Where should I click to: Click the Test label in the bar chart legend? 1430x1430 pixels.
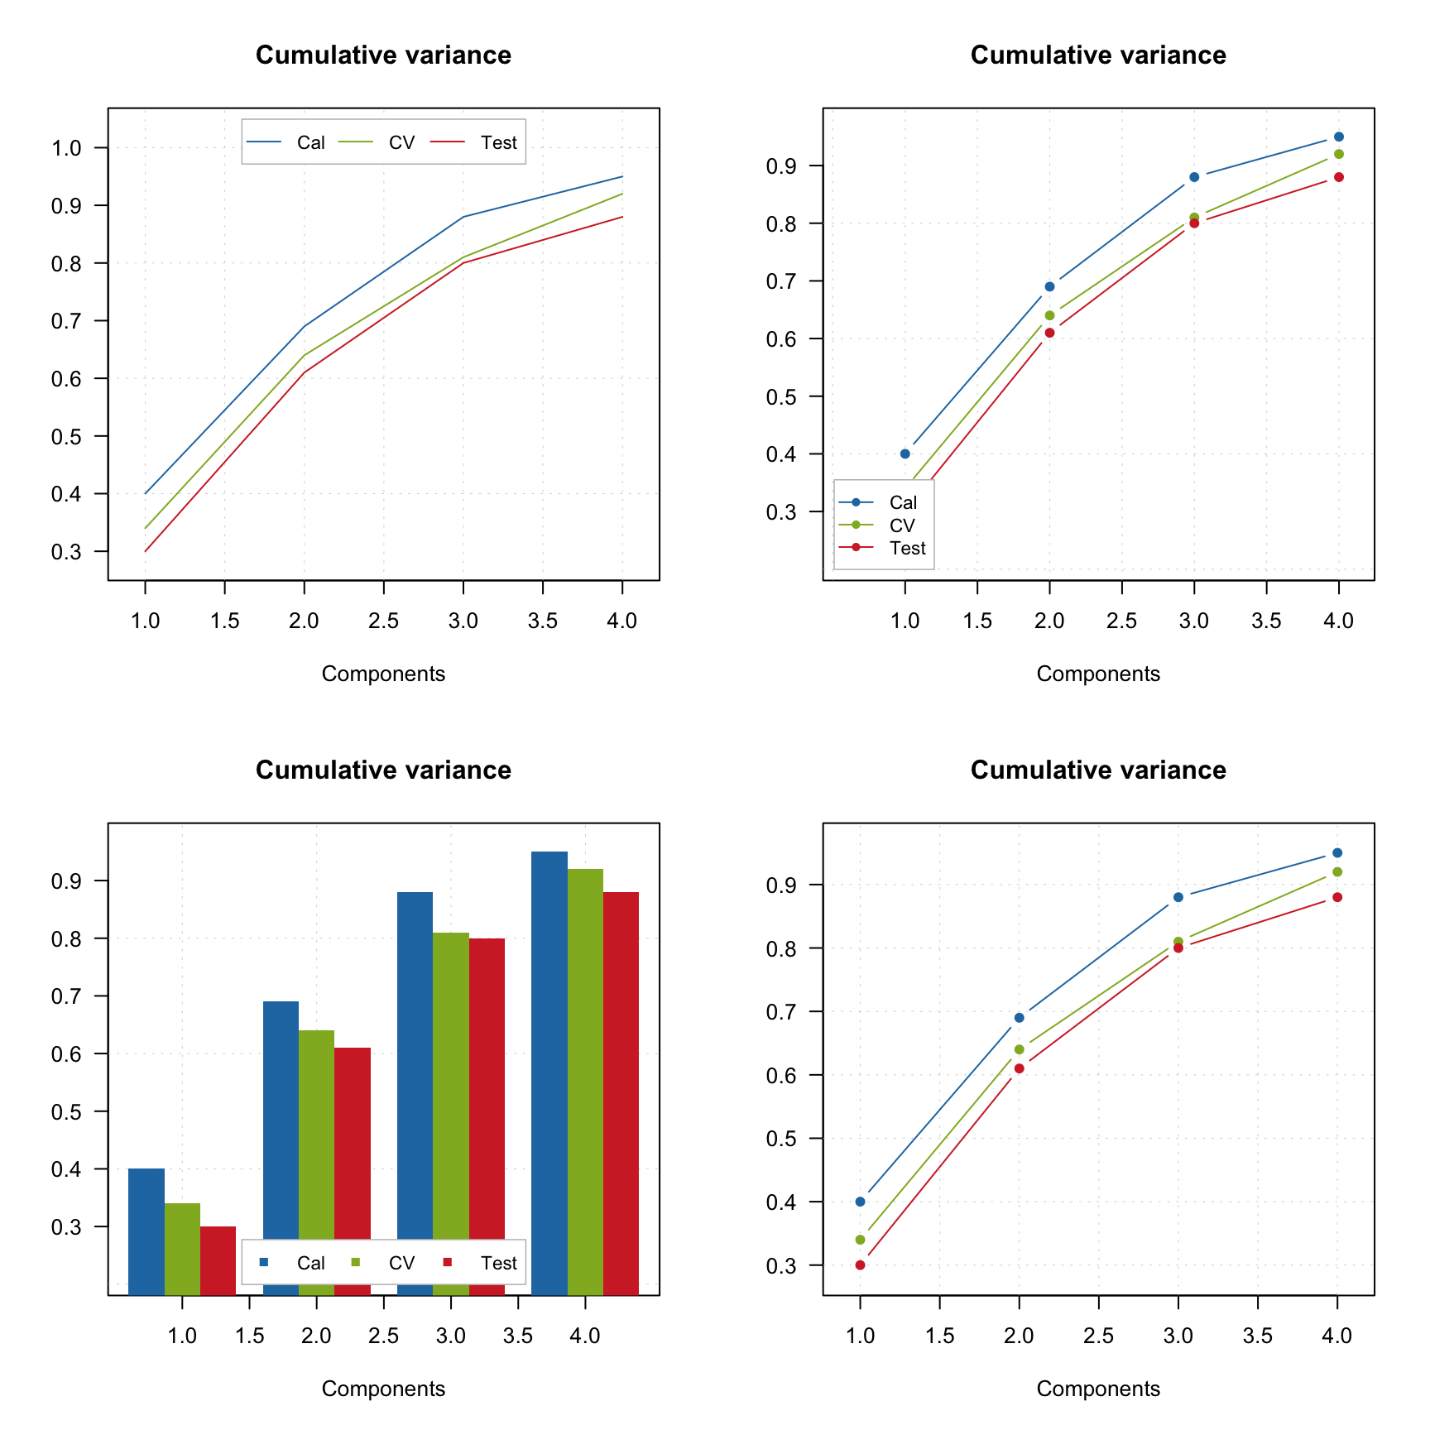coord(498,1263)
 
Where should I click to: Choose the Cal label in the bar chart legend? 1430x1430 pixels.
coord(310,1263)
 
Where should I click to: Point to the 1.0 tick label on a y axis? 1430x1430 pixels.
coord(66,148)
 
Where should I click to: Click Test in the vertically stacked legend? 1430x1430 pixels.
coord(907,548)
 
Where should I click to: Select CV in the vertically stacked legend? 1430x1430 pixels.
coord(902,525)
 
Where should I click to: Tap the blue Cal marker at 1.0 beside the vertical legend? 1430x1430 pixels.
coord(905,453)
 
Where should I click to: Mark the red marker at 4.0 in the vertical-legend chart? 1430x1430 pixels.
coord(1338,177)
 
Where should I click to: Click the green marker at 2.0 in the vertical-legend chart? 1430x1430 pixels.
coord(1049,315)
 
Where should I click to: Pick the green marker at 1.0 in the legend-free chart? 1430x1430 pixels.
coord(861,1240)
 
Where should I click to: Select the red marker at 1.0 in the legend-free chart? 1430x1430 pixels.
coord(861,1265)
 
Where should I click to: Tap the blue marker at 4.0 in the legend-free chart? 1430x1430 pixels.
coord(1337,853)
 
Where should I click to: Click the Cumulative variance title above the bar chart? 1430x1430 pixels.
coord(383,770)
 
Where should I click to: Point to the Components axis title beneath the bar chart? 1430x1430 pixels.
coord(383,1389)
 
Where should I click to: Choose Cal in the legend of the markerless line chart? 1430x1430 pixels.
coord(310,142)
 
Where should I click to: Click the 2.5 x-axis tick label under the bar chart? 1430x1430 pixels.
coord(383,1336)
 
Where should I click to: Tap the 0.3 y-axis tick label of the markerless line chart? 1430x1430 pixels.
coord(66,552)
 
